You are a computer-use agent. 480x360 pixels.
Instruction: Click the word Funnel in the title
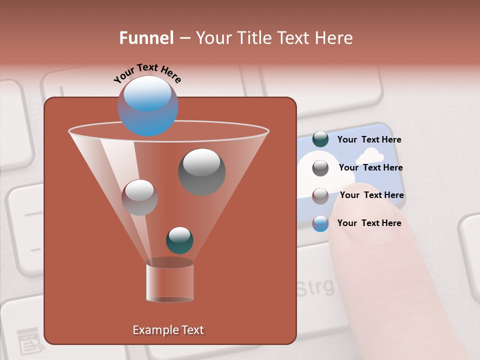click(x=146, y=38)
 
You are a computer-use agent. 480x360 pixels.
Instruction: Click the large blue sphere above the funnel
click(x=147, y=106)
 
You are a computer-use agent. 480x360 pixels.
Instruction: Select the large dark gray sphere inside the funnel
click(x=201, y=171)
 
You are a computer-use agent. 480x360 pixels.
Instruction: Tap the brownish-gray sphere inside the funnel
click(x=139, y=197)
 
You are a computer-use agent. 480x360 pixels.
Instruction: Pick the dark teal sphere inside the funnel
click(x=179, y=240)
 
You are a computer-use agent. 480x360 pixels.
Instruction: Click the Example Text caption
click(x=168, y=330)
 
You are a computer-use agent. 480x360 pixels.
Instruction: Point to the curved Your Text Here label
click(x=147, y=73)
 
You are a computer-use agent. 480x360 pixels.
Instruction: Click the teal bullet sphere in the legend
click(x=320, y=139)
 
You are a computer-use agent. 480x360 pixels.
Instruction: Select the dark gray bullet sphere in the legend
click(x=320, y=167)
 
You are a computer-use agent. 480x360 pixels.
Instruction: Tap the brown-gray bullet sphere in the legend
click(x=320, y=195)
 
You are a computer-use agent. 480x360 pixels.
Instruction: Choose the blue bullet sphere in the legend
click(x=320, y=223)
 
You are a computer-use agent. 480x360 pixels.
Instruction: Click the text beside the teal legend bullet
click(x=369, y=140)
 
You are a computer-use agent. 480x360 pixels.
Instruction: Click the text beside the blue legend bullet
click(x=369, y=223)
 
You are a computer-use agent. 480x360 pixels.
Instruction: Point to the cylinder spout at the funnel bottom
click(x=169, y=281)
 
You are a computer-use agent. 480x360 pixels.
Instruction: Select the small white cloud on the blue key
click(x=369, y=156)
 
